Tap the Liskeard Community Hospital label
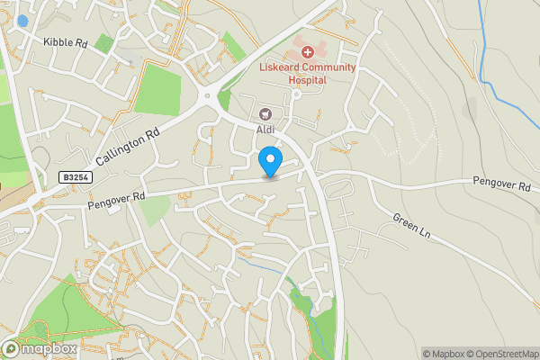(309, 73)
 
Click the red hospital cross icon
(308, 54)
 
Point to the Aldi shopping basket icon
(265, 114)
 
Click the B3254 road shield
(77, 180)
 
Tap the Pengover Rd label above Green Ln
(500, 184)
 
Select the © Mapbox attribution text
(443, 354)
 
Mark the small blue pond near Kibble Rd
(22, 20)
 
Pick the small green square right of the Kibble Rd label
(104, 42)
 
